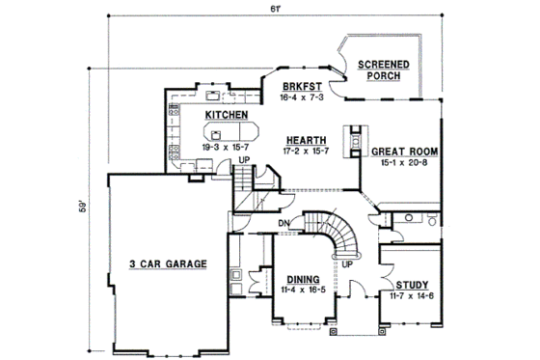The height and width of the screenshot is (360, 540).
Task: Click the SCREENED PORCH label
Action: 383,72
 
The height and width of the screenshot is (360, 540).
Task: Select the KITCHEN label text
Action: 226,115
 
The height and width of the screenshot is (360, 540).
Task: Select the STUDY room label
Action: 412,284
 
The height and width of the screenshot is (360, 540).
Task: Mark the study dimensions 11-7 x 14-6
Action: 412,295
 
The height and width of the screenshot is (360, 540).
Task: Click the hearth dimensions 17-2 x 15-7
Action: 305,152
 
